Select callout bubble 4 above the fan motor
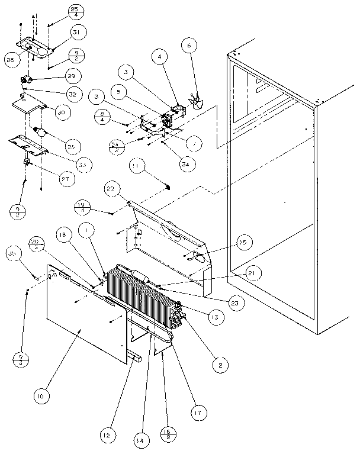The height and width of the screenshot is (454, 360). point(159,57)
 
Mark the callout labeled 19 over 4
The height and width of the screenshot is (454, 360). point(82,207)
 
